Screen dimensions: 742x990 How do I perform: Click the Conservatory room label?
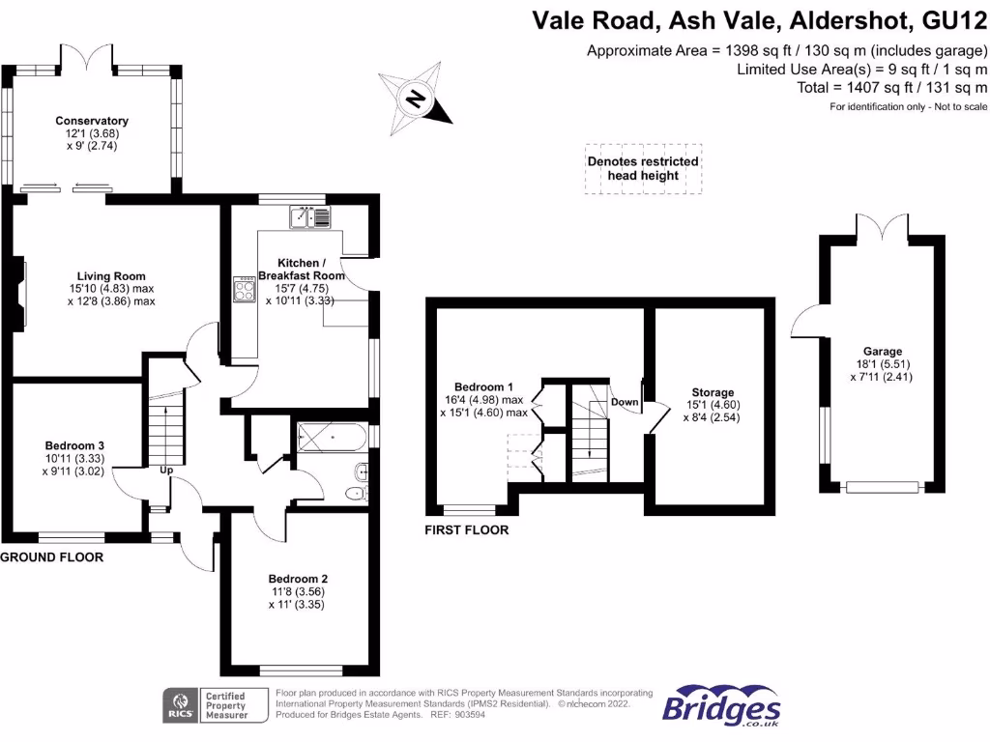92,121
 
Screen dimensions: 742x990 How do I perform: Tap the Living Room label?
111,275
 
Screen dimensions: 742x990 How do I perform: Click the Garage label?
883,352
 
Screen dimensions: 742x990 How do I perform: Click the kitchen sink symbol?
309,217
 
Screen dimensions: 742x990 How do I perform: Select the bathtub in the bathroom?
333,437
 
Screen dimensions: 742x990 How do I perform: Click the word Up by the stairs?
166,471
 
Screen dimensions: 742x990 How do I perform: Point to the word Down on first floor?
625,401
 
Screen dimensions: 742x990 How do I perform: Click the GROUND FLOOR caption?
51,557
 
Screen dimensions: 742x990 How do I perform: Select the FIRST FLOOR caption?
467,530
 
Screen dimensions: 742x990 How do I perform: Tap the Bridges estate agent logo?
720,705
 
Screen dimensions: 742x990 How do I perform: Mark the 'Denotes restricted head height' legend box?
643,168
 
